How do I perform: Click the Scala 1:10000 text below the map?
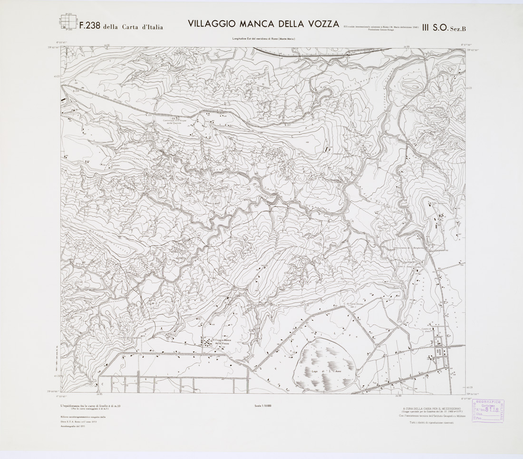pyautogui.click(x=263, y=405)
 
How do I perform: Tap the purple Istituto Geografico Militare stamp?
pyautogui.click(x=488, y=411)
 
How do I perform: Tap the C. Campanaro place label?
pyautogui.click(x=336, y=153)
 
